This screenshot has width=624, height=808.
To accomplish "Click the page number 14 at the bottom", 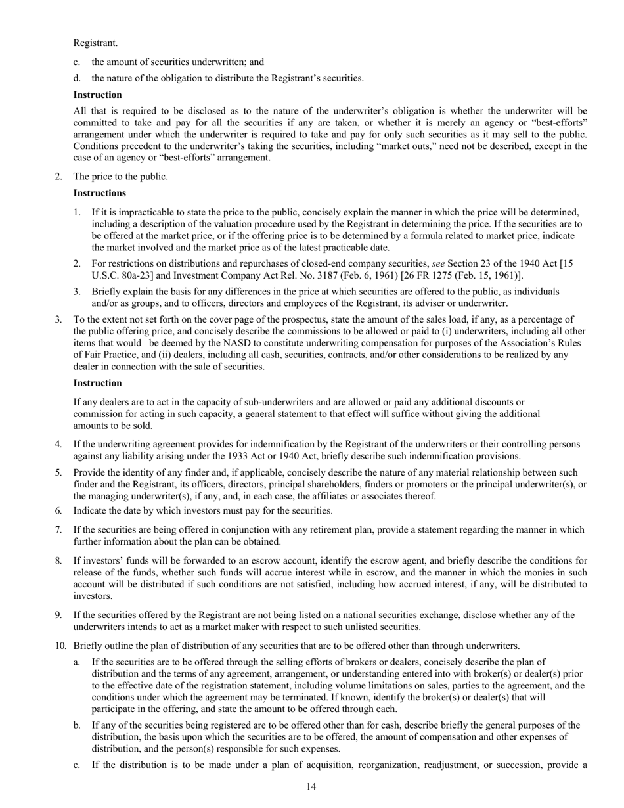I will (x=311, y=787).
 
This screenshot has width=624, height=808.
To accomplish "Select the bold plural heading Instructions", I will (x=100, y=193).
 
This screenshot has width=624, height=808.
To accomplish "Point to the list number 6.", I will (x=58, y=511).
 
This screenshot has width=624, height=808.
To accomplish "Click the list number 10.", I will (x=60, y=645).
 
